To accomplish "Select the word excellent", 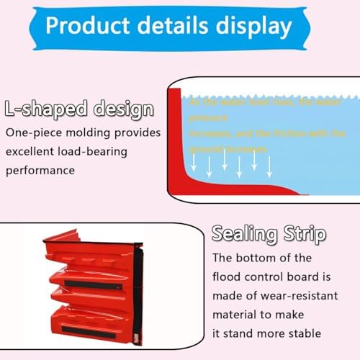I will pos(31,152).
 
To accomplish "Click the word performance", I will pos(40,171).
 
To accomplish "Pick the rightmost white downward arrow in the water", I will pos(269,166).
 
